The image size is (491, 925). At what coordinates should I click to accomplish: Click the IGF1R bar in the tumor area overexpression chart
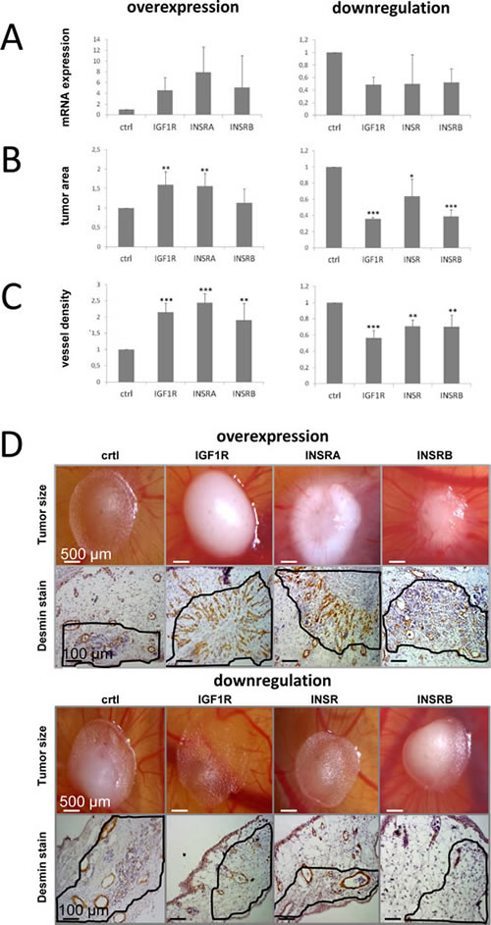coord(165,216)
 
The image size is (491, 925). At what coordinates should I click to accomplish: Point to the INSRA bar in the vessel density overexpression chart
coord(204,342)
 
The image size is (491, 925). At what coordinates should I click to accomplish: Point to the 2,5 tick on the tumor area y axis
coord(95,150)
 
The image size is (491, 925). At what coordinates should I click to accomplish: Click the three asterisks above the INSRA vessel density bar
coord(204,289)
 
